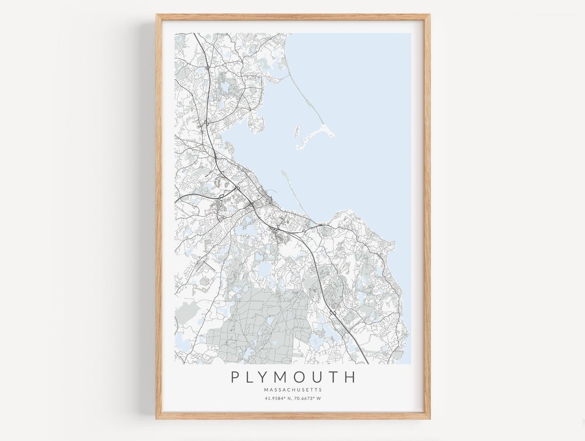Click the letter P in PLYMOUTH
(x=235, y=377)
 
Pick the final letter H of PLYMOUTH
(x=350, y=377)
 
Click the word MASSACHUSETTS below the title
(x=293, y=390)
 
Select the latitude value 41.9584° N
(x=278, y=399)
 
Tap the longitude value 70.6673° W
(x=308, y=399)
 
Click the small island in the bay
(x=297, y=131)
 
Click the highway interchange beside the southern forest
(x=332, y=313)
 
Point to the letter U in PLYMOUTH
(x=322, y=377)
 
